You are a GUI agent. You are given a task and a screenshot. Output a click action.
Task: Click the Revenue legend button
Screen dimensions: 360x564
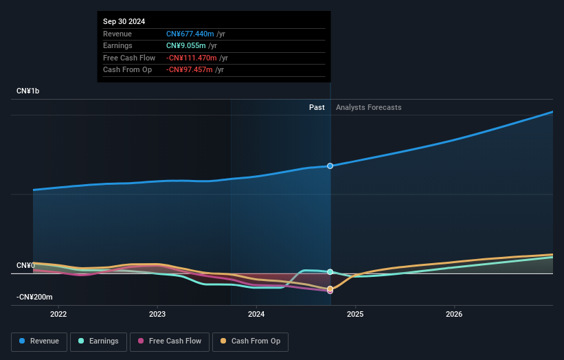(38, 341)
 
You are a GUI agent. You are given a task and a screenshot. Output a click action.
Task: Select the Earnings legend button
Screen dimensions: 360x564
(98, 341)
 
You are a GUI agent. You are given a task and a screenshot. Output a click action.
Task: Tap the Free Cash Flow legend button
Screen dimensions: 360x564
(170, 341)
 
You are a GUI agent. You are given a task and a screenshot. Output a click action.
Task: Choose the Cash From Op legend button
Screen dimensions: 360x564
(250, 341)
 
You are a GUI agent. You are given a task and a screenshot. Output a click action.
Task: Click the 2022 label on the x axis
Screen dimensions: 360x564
(58, 315)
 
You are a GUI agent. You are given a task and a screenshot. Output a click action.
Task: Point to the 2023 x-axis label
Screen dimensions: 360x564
(157, 315)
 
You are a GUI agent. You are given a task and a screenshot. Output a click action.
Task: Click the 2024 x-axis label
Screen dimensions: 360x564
(256, 315)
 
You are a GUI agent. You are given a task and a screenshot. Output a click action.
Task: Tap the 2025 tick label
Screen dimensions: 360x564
(355, 315)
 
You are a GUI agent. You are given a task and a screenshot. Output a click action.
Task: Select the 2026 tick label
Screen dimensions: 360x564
(454, 315)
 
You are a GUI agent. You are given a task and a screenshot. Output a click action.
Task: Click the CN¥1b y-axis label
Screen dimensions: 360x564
(28, 91)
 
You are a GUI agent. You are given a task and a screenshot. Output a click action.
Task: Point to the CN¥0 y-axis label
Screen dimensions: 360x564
(25, 265)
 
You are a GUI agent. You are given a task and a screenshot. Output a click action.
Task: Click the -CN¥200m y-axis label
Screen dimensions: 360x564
(34, 297)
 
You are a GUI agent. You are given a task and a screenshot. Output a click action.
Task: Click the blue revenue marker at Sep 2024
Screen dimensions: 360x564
(330, 166)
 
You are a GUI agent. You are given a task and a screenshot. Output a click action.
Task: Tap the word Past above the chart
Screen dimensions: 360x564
(317, 107)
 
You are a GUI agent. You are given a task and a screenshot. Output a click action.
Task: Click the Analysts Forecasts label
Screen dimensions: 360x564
(369, 107)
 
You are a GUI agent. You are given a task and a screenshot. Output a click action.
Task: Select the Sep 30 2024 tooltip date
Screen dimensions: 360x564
(124, 22)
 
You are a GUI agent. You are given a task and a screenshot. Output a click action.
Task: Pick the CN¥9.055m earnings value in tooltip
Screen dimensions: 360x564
(185, 46)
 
